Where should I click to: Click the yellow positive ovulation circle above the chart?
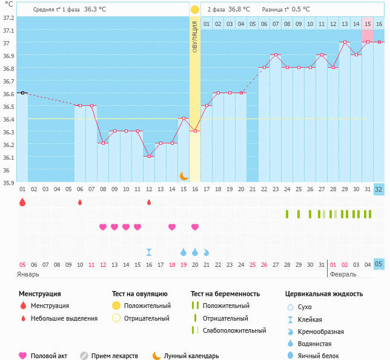click(x=194, y=10)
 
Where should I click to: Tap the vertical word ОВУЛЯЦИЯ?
click(x=195, y=36)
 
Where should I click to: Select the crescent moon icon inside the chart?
click(x=183, y=175)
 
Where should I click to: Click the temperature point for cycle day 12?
click(x=149, y=156)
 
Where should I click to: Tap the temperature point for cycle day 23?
click(x=276, y=54)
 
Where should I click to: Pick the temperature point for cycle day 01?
click(x=22, y=93)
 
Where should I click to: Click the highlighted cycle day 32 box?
click(x=379, y=189)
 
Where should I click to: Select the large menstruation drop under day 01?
click(x=22, y=202)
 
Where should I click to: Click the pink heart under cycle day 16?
click(x=195, y=227)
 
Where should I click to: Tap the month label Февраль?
click(x=343, y=274)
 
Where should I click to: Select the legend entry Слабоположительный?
click(x=234, y=330)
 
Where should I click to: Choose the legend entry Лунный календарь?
click(x=185, y=356)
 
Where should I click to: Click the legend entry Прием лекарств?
click(x=114, y=356)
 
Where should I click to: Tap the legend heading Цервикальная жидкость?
click(x=324, y=294)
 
